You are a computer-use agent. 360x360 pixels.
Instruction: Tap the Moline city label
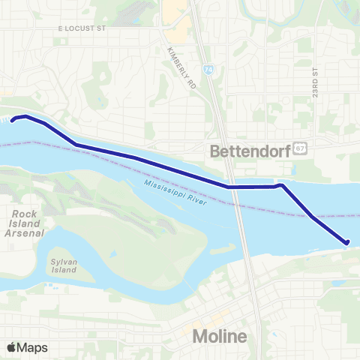(220, 337)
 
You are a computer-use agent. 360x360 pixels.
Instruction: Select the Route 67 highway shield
(299, 148)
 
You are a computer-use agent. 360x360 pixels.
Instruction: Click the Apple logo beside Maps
(11, 347)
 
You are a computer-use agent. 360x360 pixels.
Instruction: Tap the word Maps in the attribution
(32, 347)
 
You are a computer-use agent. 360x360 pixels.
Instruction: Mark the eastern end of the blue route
(347, 241)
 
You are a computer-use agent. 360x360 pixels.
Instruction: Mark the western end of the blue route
(12, 120)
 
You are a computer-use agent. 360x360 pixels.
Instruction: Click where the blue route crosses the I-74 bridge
(234, 187)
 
